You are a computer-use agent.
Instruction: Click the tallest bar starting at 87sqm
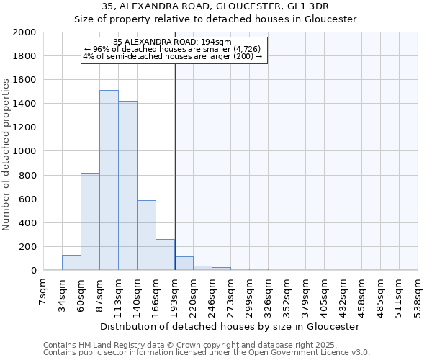[109, 180]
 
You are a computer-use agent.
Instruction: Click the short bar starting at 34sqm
[71, 263]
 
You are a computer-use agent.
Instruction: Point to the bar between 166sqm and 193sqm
[165, 255]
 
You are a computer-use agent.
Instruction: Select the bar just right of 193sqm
[184, 264]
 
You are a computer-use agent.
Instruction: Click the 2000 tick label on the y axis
[24, 32]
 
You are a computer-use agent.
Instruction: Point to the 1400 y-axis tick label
[24, 104]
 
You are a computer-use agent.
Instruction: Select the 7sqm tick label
[43, 291]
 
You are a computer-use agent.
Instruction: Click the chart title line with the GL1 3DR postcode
[215, 6]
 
